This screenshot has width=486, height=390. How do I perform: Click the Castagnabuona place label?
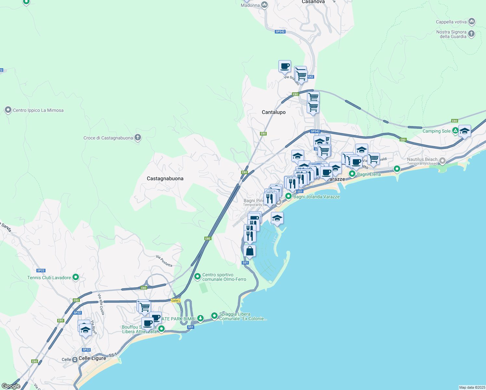click(x=165, y=178)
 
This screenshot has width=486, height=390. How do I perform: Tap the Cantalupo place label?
click(x=274, y=112)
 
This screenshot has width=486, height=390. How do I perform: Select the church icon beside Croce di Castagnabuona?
click(x=138, y=137)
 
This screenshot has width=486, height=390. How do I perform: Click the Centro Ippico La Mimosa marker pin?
click(x=8, y=110)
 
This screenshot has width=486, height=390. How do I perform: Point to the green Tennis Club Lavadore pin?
click(x=76, y=277)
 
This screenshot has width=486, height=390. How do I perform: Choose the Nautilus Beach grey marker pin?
click(x=442, y=161)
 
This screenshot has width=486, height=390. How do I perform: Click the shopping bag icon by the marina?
click(x=250, y=251)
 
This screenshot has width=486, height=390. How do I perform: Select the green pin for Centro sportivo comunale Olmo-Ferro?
click(x=197, y=277)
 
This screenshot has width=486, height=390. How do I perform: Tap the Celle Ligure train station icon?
click(x=75, y=359)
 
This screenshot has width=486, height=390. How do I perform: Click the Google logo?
click(x=11, y=386)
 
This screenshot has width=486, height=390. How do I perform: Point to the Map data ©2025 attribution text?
click(x=472, y=387)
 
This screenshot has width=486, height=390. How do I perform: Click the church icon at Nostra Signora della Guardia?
click(x=471, y=33)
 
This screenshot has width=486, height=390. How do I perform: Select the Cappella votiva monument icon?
click(x=472, y=21)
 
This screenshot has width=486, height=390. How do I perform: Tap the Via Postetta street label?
click(x=164, y=261)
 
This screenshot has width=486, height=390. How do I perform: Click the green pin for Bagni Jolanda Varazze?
click(x=288, y=196)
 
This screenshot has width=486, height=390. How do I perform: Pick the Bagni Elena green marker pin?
click(x=352, y=174)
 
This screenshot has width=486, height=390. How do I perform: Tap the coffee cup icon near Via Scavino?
click(x=285, y=66)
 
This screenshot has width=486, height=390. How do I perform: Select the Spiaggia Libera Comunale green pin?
click(x=214, y=316)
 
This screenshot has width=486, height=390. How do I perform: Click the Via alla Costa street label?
click(x=101, y=304)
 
